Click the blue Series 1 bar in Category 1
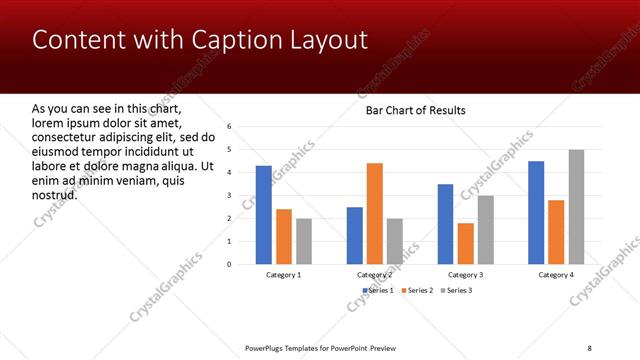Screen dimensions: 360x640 point(263,215)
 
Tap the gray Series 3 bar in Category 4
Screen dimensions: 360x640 point(576,207)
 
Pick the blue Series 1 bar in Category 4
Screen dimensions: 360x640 point(536,212)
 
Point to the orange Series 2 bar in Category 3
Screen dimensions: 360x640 point(465,243)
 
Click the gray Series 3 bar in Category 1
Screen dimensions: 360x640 point(304,241)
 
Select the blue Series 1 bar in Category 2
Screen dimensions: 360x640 point(354,235)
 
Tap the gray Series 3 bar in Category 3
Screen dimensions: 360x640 point(485,230)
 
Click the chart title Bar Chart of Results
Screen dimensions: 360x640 point(414,109)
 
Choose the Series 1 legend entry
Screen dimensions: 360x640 point(376,290)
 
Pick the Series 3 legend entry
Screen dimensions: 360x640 point(456,290)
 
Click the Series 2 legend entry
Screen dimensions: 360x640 point(416,290)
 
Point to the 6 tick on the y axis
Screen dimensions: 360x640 point(229,127)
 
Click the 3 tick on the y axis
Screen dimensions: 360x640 point(229,196)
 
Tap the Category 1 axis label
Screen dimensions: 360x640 point(284,274)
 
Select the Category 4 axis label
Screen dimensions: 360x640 point(556,274)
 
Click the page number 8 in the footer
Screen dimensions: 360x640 point(589,346)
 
